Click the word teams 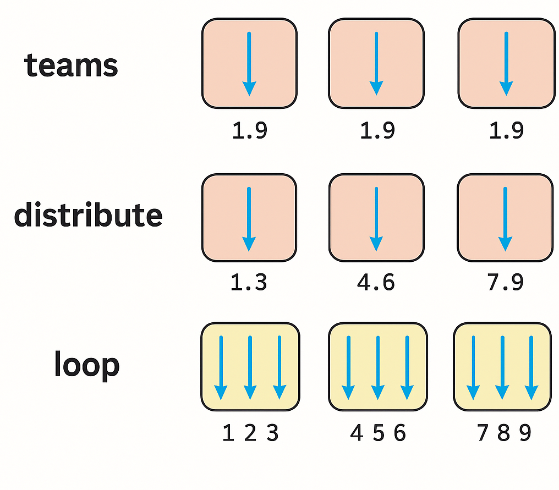tap(71, 66)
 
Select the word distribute tap(88, 215)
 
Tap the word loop tap(86, 365)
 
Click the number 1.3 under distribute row tap(249, 282)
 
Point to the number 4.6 tap(376, 282)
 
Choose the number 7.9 tap(505, 282)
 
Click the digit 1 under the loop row tap(228, 434)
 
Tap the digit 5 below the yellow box tap(378, 434)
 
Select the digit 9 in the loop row tap(525, 434)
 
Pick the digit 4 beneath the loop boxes tap(357, 434)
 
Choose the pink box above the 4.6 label tap(376, 218)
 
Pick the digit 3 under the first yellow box tap(272, 434)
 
